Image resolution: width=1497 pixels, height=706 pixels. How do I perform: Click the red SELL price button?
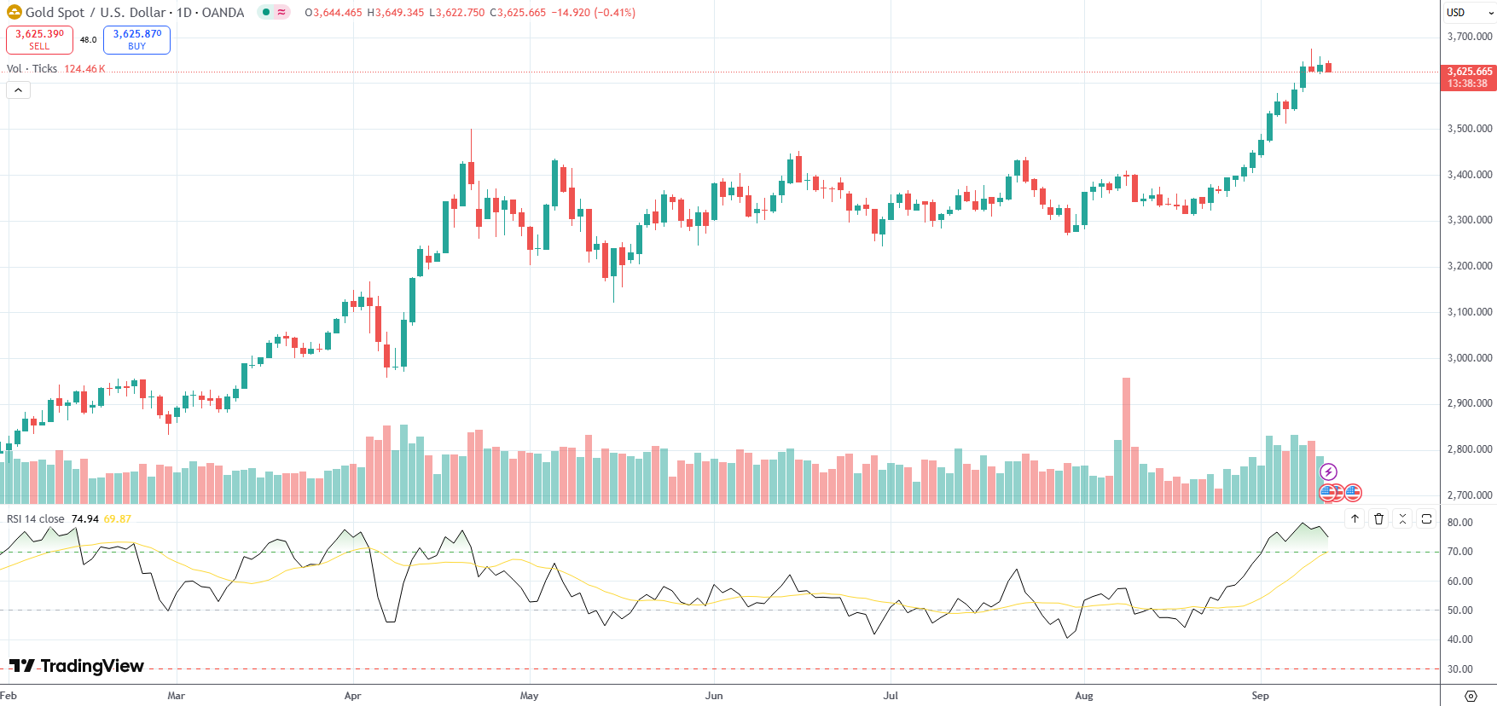tap(39, 39)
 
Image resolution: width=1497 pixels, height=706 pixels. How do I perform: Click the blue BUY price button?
tap(136, 39)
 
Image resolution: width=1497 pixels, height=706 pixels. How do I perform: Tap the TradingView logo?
tap(77, 666)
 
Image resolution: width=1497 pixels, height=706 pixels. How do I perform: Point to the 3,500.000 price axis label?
tap(1470, 129)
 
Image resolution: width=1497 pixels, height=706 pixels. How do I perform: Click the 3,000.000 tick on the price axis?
tap(1470, 358)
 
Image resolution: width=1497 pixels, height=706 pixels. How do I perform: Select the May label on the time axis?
tap(529, 696)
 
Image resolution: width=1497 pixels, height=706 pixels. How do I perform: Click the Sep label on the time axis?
tap(1260, 696)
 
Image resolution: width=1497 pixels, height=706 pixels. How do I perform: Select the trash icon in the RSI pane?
tap(1378, 518)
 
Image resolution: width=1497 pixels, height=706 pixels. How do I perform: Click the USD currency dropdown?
tap(1468, 13)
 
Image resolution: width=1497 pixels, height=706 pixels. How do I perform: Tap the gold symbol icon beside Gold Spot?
tap(14, 12)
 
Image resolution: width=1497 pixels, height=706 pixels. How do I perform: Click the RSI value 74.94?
tap(85, 519)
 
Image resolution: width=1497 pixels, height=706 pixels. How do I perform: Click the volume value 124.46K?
tap(84, 69)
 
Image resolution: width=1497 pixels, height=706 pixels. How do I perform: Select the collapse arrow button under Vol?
tap(18, 90)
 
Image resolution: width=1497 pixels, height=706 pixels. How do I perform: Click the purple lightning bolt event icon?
tap(1328, 472)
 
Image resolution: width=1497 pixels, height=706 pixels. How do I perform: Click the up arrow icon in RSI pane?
tap(1355, 518)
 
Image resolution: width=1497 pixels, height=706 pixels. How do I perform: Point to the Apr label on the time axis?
tap(352, 696)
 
